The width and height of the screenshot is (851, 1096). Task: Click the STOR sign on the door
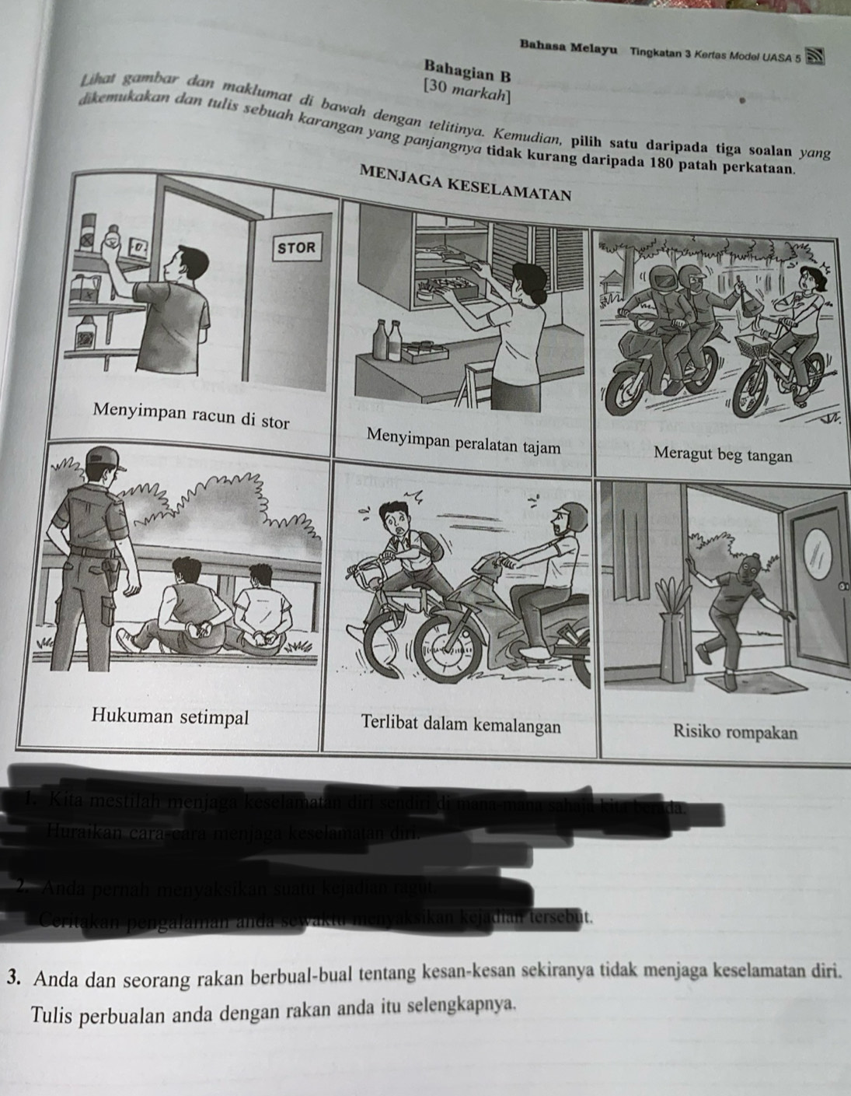[298, 248]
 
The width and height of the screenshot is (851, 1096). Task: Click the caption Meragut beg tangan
[723, 454]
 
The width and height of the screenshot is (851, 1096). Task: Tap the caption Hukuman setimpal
[170, 716]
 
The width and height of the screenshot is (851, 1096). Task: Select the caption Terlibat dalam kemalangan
[461, 725]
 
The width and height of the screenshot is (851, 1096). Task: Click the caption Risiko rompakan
[735, 731]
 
